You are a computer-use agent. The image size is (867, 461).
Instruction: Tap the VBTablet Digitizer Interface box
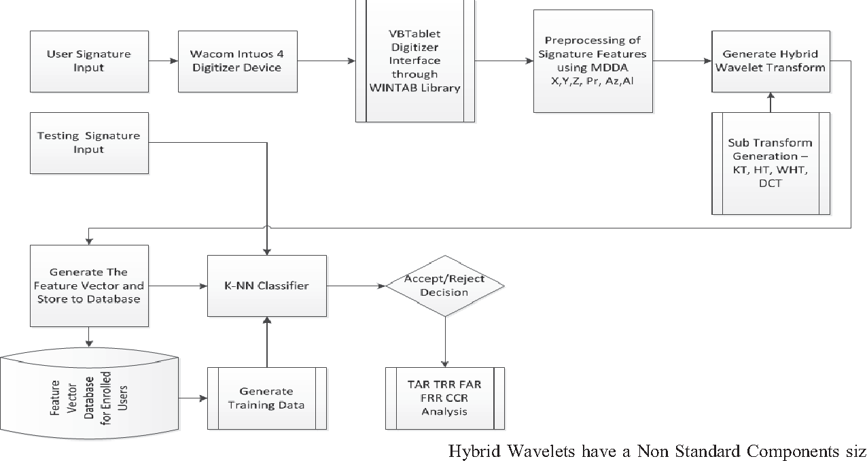tap(414, 61)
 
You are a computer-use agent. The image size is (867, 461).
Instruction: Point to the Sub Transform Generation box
tap(770, 164)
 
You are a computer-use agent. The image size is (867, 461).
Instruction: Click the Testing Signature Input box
tap(88, 142)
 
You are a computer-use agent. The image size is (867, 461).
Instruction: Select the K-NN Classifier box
tap(267, 286)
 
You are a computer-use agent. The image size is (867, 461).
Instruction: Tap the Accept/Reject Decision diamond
tap(444, 286)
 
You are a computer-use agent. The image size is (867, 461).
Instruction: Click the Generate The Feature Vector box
tap(88, 286)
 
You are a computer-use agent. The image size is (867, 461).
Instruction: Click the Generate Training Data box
tap(267, 398)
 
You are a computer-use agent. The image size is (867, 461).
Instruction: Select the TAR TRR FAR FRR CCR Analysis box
tap(444, 398)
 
